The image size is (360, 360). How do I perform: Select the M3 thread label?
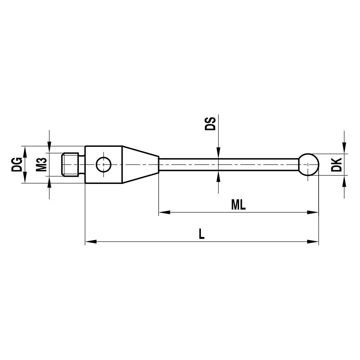(x=41, y=165)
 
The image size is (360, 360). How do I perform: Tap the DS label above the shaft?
(x=210, y=123)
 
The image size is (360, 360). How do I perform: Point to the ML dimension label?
(x=238, y=205)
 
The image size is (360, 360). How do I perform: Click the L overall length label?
(x=202, y=234)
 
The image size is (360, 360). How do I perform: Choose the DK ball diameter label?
(x=337, y=165)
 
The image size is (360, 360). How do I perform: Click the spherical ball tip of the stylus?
(x=309, y=165)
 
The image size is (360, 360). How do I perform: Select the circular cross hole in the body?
(x=104, y=165)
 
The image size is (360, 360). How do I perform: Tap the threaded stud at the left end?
(x=70, y=165)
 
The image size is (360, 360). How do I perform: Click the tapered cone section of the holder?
(x=140, y=165)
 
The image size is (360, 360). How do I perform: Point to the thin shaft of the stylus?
(x=230, y=165)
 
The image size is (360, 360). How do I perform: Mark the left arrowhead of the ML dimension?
(x=164, y=212)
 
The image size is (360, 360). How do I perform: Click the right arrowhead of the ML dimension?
(x=314, y=212)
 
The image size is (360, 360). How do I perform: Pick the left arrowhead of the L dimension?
(x=90, y=242)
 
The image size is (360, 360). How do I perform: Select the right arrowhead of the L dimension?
(x=314, y=242)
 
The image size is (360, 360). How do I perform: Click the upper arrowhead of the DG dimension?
(x=25, y=151)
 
